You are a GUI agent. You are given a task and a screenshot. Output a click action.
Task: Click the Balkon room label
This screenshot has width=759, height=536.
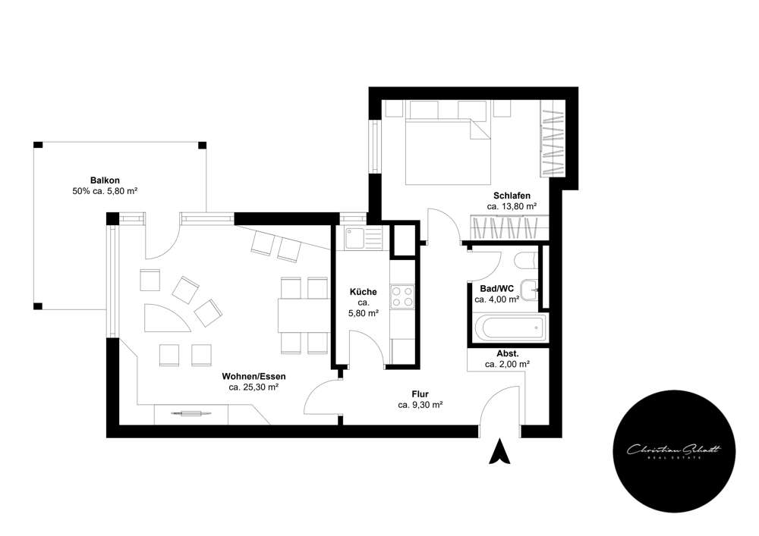(x=103, y=180)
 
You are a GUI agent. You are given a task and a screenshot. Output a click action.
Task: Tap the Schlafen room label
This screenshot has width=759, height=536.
(x=512, y=196)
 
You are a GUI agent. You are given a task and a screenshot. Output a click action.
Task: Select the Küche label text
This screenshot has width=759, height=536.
(x=363, y=292)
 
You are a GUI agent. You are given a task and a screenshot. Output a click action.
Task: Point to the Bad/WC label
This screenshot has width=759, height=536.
(x=496, y=289)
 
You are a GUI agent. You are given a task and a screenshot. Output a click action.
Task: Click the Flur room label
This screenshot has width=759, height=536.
(x=420, y=394)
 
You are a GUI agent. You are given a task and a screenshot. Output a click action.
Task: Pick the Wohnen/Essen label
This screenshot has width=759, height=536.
(x=254, y=376)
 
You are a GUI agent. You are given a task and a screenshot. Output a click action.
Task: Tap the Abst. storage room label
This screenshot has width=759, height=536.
(x=507, y=353)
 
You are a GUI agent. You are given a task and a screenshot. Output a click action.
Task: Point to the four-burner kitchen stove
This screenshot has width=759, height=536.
(x=403, y=296)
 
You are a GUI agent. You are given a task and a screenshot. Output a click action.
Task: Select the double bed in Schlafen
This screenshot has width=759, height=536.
(x=448, y=151)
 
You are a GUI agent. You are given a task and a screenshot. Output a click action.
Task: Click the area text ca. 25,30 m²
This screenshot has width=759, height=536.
(x=254, y=387)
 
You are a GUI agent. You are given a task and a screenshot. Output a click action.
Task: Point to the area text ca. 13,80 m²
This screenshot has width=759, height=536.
(x=512, y=206)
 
